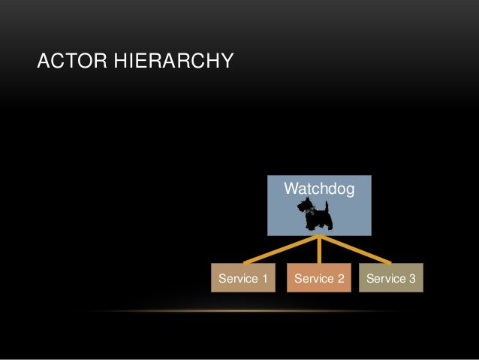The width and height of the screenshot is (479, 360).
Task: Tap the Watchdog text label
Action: [x=319, y=186]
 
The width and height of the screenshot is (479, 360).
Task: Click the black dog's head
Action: [x=303, y=205]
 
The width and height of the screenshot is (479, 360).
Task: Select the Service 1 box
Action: [x=243, y=279]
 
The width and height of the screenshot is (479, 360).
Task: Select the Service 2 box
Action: [x=320, y=279]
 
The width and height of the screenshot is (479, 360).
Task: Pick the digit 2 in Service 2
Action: [x=341, y=280]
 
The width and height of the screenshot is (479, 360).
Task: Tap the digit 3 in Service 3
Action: [x=412, y=280]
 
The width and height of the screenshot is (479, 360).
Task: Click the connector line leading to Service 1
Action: [x=282, y=250]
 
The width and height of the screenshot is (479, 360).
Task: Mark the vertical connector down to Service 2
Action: [x=321, y=252]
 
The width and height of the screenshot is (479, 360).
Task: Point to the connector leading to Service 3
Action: [x=357, y=250]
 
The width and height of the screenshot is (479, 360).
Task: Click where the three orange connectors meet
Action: [x=321, y=237]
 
